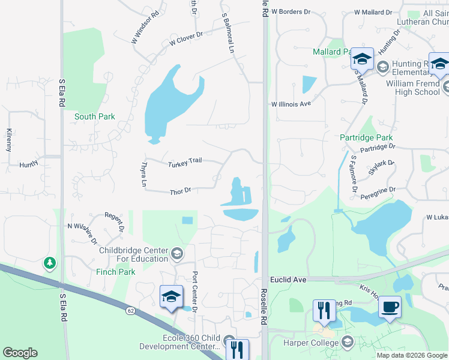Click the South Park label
pos(94,116)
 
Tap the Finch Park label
pos(116,272)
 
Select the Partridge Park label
pos(366,137)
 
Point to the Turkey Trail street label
pos(185,163)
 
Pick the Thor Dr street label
pos(180,191)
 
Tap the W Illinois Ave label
pos(291,104)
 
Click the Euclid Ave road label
pos(288,280)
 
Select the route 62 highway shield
pos(130,310)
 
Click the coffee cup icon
pos(390,307)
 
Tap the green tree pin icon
pos(50,263)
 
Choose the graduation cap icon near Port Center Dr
pos(171,297)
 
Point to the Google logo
pos(20,353)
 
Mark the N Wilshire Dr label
pos(83,232)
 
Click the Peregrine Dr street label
pos(378,191)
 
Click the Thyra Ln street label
pos(143,173)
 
